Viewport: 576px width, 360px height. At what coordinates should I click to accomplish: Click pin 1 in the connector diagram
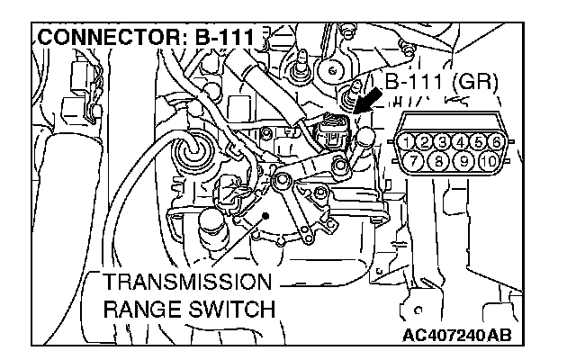click(x=409, y=141)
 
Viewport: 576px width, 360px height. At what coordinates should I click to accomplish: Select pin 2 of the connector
click(x=426, y=141)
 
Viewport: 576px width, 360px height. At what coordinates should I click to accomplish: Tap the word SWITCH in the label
click(x=229, y=309)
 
